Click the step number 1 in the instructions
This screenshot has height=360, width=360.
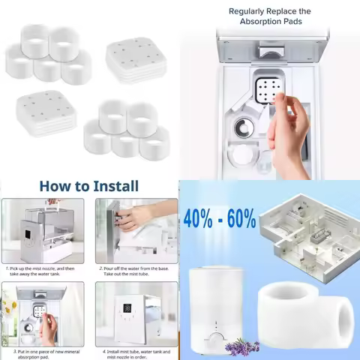click(6, 267)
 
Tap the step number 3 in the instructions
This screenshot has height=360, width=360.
click(6, 349)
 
